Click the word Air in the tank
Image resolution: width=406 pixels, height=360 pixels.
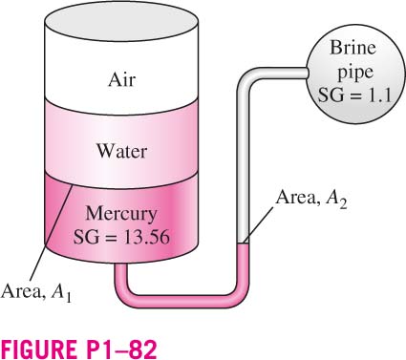pos(121,79)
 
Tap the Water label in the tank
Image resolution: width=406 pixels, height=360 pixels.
pos(121,151)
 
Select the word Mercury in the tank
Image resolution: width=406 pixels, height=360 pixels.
pos(121,215)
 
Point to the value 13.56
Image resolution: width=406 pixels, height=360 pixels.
pos(146,237)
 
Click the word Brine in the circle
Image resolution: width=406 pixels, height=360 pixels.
pos(353,48)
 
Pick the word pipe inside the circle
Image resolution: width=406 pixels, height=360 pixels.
pos(355,73)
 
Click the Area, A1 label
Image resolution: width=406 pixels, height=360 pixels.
pos(36,292)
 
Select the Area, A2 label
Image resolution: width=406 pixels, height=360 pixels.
pos(311,199)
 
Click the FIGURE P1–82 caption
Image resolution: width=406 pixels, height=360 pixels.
pos(79,349)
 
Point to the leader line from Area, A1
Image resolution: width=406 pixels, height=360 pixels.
pos(52,232)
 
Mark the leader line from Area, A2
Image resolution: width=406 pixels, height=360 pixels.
pos(259,224)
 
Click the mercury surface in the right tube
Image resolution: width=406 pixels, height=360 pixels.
pos(244,244)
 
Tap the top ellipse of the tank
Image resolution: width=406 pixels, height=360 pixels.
pos(121,21)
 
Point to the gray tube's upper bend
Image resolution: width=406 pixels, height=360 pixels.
pos(246,77)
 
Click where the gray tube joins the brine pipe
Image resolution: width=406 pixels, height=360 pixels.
pos(308,73)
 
